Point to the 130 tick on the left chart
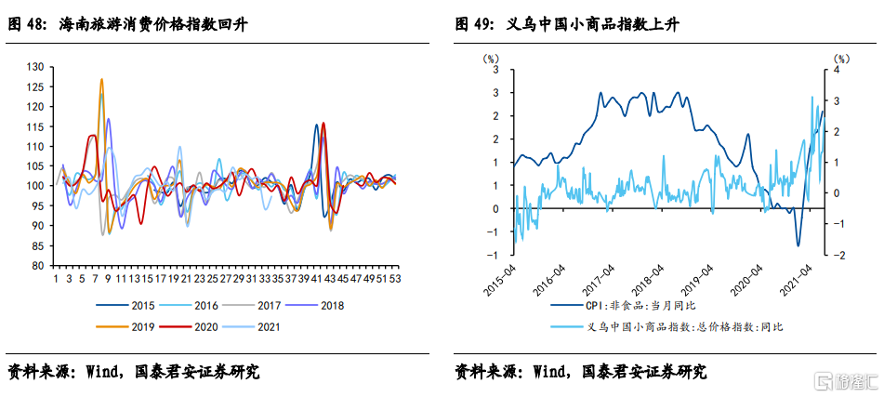tap(35, 67)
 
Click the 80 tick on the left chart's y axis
tap(38, 265)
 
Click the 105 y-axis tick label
tap(35, 166)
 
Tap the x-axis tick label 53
tap(395, 278)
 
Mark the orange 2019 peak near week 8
tap(101, 80)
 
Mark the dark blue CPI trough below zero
tap(798, 245)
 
